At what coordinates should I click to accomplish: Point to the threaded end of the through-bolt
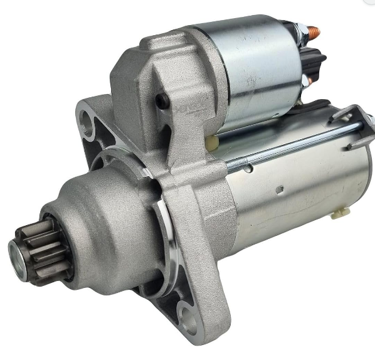(x=241, y=164)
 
